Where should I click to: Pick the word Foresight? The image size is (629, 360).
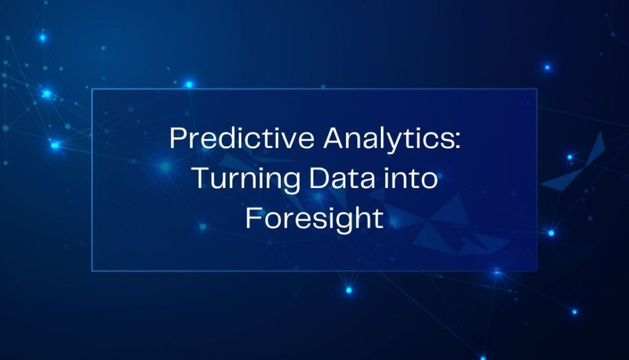(314, 219)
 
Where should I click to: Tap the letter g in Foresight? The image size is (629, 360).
(342, 222)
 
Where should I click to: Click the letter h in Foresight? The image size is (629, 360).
(359, 217)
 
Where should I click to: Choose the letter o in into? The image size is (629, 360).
(429, 181)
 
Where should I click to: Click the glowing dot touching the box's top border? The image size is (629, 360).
(189, 85)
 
